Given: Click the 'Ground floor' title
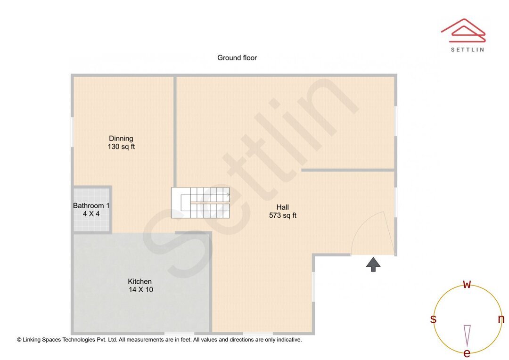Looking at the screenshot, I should point(237,58).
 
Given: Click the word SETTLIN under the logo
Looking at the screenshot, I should point(467,49).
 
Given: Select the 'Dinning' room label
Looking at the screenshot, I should point(121,139).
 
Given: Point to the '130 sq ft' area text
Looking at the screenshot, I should point(121,147).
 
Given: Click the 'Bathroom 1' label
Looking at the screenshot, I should point(91,206).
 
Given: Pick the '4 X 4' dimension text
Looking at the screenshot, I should point(91,214).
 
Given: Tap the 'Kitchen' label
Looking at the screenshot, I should point(140,282).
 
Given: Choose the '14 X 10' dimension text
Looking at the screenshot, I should point(141,290).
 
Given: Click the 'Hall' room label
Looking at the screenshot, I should point(283,207).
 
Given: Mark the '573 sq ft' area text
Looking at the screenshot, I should point(283,216).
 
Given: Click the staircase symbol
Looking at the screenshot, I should point(201,203).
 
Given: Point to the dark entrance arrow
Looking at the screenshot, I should point(373,264).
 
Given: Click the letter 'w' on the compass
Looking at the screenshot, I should point(467,284).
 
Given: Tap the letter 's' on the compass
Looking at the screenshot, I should point(433,319).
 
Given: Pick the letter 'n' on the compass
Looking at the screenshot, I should point(501,319).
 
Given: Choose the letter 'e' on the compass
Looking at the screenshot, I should point(467,353).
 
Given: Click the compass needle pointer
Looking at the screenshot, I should point(467,335).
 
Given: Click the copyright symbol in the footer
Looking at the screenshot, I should point(19,340).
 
